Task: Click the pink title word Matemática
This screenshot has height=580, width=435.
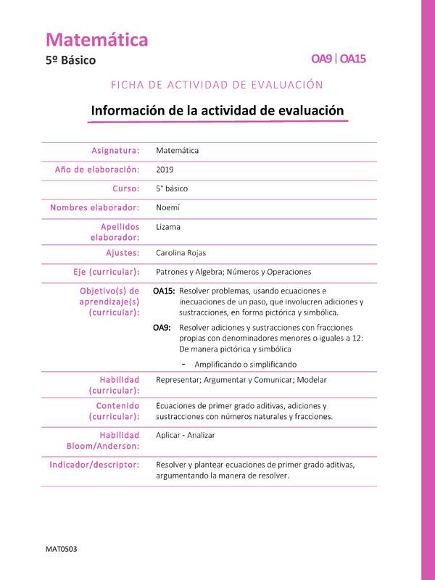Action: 97,40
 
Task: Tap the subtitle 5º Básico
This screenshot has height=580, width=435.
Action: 70,61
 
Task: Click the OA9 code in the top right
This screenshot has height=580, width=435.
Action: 322,59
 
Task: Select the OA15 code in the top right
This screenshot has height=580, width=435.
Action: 352,59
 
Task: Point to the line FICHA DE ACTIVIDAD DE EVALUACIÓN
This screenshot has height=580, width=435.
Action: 217,85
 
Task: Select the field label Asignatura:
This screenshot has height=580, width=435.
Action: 115,151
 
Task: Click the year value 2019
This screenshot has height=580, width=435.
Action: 165,170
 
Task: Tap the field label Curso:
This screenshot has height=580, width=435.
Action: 125,188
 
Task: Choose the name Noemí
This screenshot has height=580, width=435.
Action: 167,207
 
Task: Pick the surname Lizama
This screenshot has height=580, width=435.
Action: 168,227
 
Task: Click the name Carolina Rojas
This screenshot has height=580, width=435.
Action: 182,253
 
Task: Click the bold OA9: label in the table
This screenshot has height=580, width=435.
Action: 162,328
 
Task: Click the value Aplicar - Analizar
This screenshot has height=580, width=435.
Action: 185,435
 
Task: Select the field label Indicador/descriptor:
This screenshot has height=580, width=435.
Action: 94,464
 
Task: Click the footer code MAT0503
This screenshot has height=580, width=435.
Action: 61,549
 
